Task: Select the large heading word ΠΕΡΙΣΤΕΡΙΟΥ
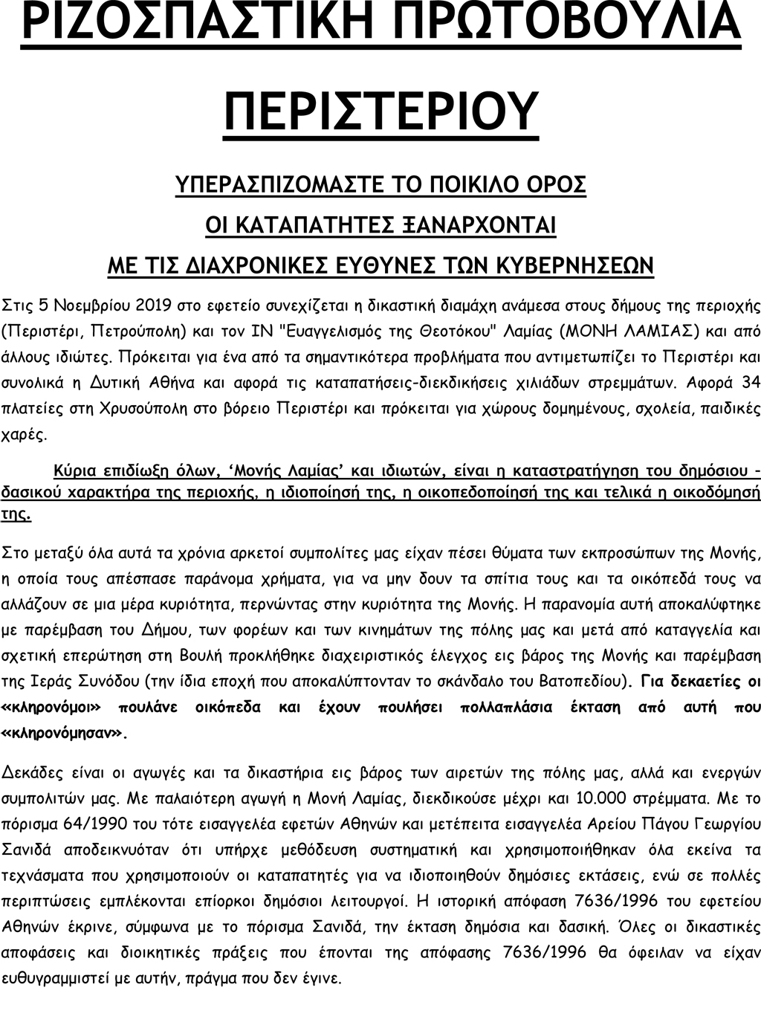pyautogui.click(x=380, y=109)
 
